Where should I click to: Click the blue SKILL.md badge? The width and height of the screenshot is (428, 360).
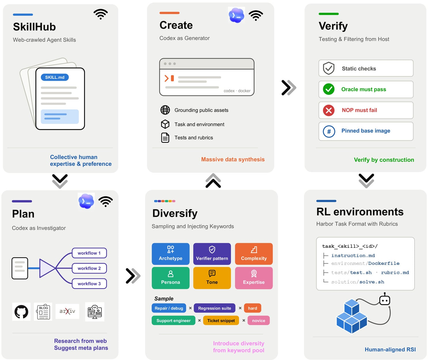click(54, 77)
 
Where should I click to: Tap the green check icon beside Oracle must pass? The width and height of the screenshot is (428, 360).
click(328, 89)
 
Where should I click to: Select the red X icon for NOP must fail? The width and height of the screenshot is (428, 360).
click(328, 110)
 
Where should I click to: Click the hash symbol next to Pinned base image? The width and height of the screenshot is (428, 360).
click(329, 131)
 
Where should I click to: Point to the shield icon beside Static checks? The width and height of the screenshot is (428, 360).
click(328, 68)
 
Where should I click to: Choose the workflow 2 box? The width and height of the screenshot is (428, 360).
click(89, 268)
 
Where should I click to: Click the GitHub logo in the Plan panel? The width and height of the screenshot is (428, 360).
click(21, 311)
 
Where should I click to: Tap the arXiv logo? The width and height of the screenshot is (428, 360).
click(67, 311)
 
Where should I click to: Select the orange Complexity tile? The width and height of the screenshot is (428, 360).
click(254, 254)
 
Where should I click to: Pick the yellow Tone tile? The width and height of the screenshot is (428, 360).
click(212, 278)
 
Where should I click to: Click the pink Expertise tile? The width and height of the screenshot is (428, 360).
click(254, 278)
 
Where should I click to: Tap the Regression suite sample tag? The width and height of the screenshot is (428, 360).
click(214, 308)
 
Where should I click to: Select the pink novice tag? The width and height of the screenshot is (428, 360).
click(258, 320)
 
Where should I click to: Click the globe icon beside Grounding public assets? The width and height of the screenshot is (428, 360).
click(165, 110)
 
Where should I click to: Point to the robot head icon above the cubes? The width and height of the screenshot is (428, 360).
click(385, 299)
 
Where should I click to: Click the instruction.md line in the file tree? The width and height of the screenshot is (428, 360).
click(353, 255)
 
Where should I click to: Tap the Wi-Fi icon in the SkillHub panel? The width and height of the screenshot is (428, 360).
click(100, 14)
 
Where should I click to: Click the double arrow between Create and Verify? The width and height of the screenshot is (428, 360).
click(289, 87)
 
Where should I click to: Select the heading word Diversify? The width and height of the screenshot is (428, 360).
click(175, 213)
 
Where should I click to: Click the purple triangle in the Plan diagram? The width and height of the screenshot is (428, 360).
click(46, 268)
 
